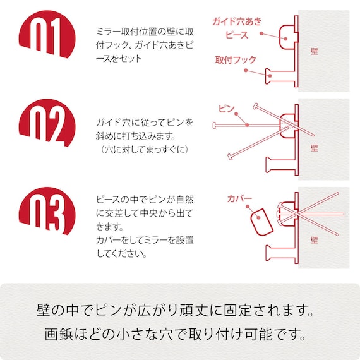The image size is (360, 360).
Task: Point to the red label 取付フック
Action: (236, 60)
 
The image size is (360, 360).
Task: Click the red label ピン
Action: (226, 109)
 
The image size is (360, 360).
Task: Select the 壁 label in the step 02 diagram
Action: (315, 147)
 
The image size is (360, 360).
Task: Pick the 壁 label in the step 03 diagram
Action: (315, 241)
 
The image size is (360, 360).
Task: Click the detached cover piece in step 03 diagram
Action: (260, 222)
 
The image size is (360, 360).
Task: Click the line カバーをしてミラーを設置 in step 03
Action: (145, 241)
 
